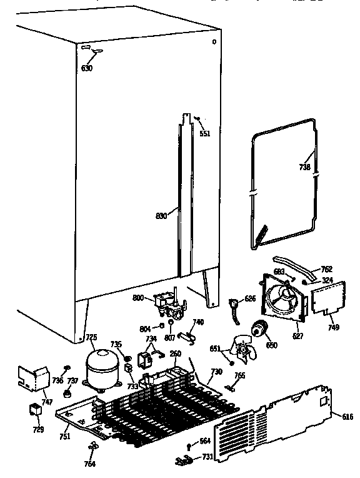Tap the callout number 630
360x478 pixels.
point(86,68)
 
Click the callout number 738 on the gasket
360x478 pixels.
point(304,167)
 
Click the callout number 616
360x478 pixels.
point(348,416)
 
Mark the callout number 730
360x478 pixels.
point(216,372)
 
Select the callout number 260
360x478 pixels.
point(176,353)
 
